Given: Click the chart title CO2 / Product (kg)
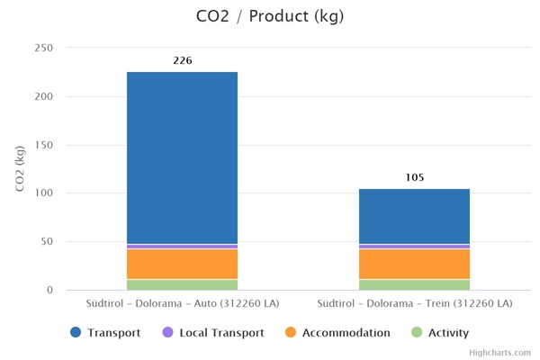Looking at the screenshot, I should point(269,16).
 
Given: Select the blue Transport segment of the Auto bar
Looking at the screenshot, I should point(182,157).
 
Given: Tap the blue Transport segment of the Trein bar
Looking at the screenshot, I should point(414,216).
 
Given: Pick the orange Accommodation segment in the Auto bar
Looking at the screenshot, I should point(182,264).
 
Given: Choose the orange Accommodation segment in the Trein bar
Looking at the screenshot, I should point(414,264).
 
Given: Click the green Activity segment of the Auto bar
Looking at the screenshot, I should point(182,284).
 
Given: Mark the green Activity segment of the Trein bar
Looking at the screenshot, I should point(414,284).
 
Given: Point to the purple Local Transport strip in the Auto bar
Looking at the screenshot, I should point(182,246).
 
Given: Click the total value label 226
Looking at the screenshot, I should point(182,61).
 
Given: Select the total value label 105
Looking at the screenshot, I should point(414,177).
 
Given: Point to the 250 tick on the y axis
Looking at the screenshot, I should point(42,48).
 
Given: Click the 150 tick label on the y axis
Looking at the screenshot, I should point(42,145).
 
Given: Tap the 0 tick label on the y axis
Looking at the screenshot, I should point(50,290).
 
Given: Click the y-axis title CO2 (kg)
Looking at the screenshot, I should point(20,168).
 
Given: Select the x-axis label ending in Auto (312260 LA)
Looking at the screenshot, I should point(182,303).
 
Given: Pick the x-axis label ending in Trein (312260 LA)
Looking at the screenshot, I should point(414,303).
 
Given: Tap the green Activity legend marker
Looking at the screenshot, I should point(416,333).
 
